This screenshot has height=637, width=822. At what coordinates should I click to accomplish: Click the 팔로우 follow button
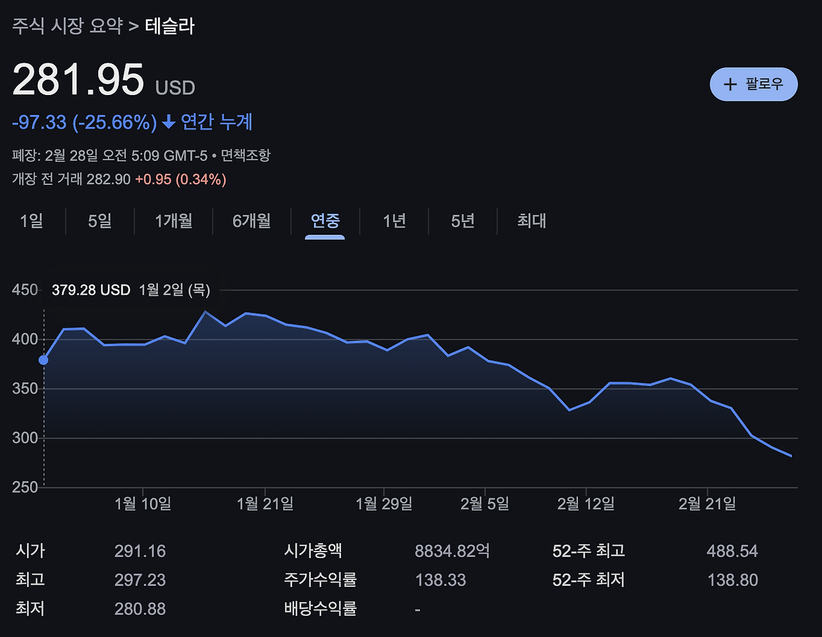[753, 84]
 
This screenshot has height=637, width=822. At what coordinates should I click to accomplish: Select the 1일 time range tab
[31, 221]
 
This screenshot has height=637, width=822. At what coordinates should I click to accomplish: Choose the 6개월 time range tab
[252, 221]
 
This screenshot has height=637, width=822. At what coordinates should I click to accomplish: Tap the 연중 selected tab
[325, 221]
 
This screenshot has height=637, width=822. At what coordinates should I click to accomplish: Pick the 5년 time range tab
[462, 221]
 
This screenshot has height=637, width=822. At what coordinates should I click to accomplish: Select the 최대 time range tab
[532, 221]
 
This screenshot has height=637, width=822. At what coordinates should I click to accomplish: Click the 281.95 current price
[78, 80]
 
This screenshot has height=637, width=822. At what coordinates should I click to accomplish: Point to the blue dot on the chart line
[44, 360]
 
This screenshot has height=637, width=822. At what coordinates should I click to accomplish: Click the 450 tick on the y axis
[25, 290]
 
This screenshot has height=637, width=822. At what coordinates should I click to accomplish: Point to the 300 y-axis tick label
[25, 438]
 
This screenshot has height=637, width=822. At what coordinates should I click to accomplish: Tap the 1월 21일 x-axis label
[265, 503]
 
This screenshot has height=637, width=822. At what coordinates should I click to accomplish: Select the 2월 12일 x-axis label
[586, 503]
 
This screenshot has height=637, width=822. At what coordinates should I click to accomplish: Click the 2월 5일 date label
[485, 503]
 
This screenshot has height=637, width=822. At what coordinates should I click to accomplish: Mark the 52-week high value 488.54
[732, 551]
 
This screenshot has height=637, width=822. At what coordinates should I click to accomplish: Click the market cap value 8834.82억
[452, 551]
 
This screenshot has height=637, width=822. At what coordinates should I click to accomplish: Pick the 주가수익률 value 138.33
[441, 580]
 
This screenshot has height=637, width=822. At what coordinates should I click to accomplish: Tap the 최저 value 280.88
[140, 609]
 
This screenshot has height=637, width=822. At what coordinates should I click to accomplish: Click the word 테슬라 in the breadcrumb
[170, 26]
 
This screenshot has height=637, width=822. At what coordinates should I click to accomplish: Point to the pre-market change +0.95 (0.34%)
[180, 179]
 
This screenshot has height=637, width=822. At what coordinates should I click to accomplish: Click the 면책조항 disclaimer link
[246, 155]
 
